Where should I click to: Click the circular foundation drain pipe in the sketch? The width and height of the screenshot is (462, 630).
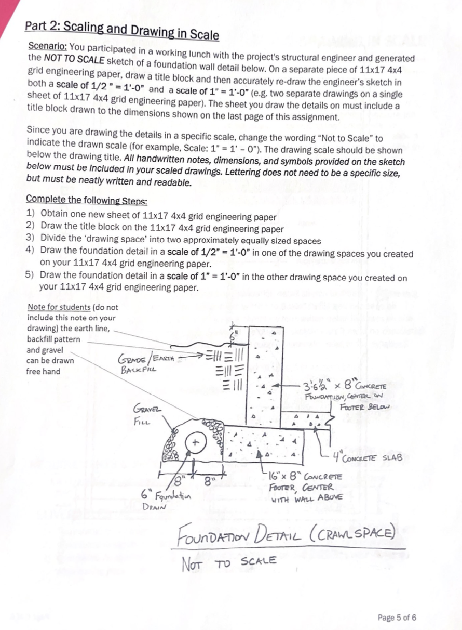195,443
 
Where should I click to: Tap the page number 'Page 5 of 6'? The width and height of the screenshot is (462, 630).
397,618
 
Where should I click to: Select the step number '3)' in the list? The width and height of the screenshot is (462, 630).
30,241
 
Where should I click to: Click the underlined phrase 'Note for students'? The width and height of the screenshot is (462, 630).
59,307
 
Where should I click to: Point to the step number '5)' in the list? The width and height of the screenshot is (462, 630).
30,274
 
